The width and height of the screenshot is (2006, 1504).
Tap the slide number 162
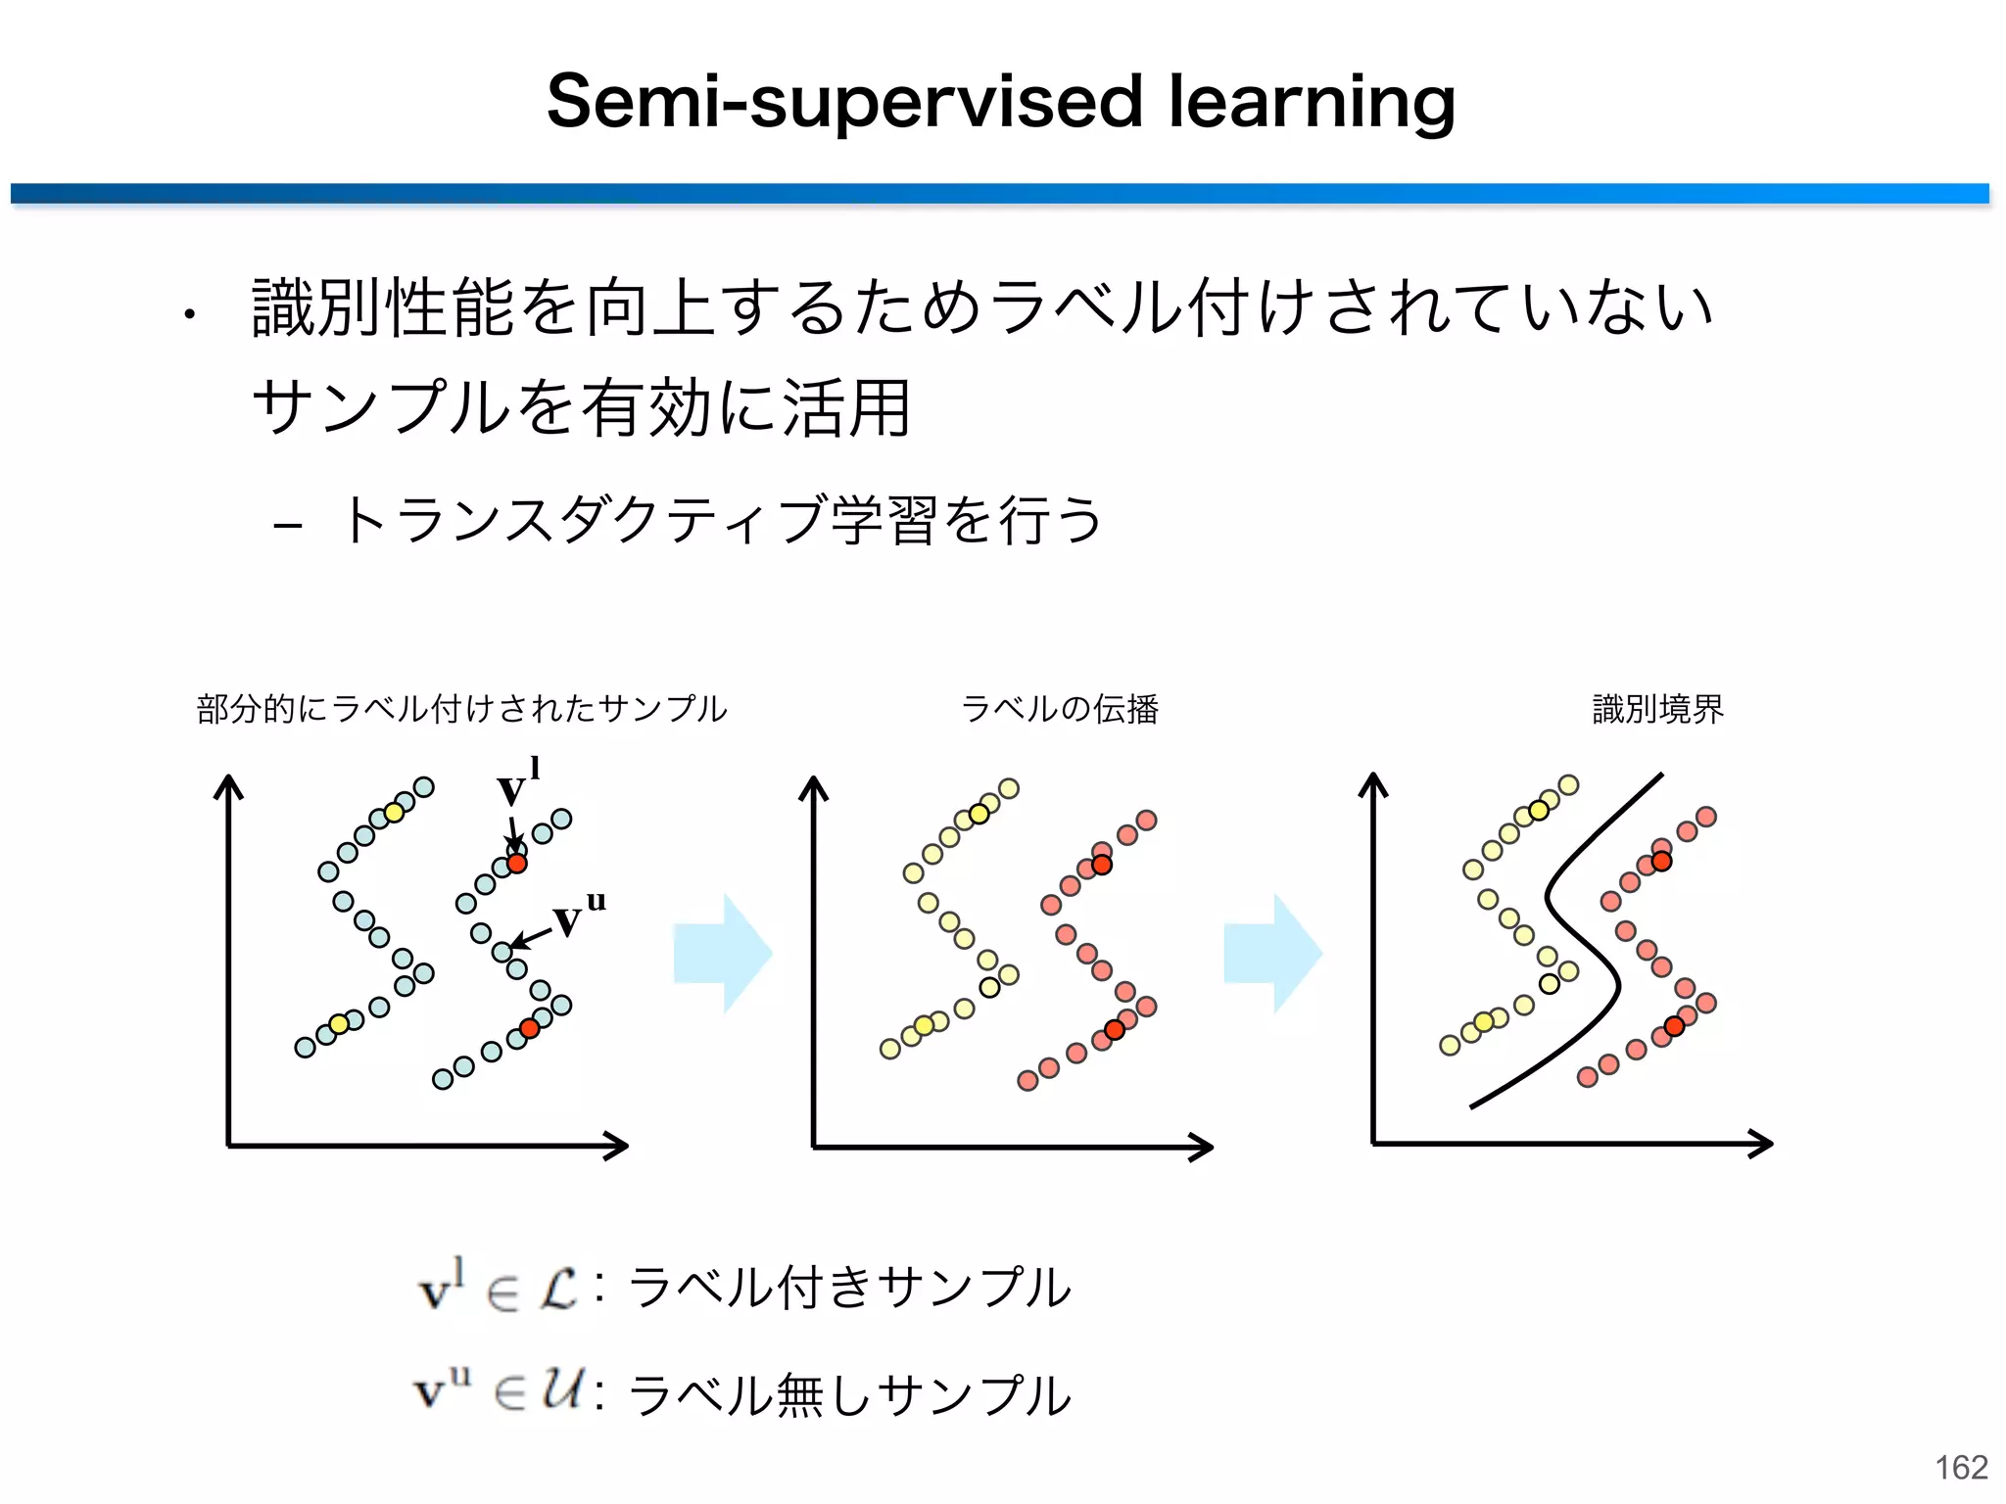(1961, 1467)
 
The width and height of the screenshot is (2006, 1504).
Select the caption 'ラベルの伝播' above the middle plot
(1060, 708)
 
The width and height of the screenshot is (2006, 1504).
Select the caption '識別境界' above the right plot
(1657, 708)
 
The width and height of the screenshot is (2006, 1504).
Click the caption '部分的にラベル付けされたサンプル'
(461, 708)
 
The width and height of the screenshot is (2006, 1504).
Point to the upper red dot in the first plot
(517, 864)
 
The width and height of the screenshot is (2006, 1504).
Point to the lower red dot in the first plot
(530, 1028)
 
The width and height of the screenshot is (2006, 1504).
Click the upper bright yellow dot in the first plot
(394, 813)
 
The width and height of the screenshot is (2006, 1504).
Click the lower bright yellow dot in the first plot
(339, 1024)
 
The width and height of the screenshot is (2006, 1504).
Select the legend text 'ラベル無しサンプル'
(849, 1394)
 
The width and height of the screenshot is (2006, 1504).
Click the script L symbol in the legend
(559, 1289)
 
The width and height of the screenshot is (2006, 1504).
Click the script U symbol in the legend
(563, 1390)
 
